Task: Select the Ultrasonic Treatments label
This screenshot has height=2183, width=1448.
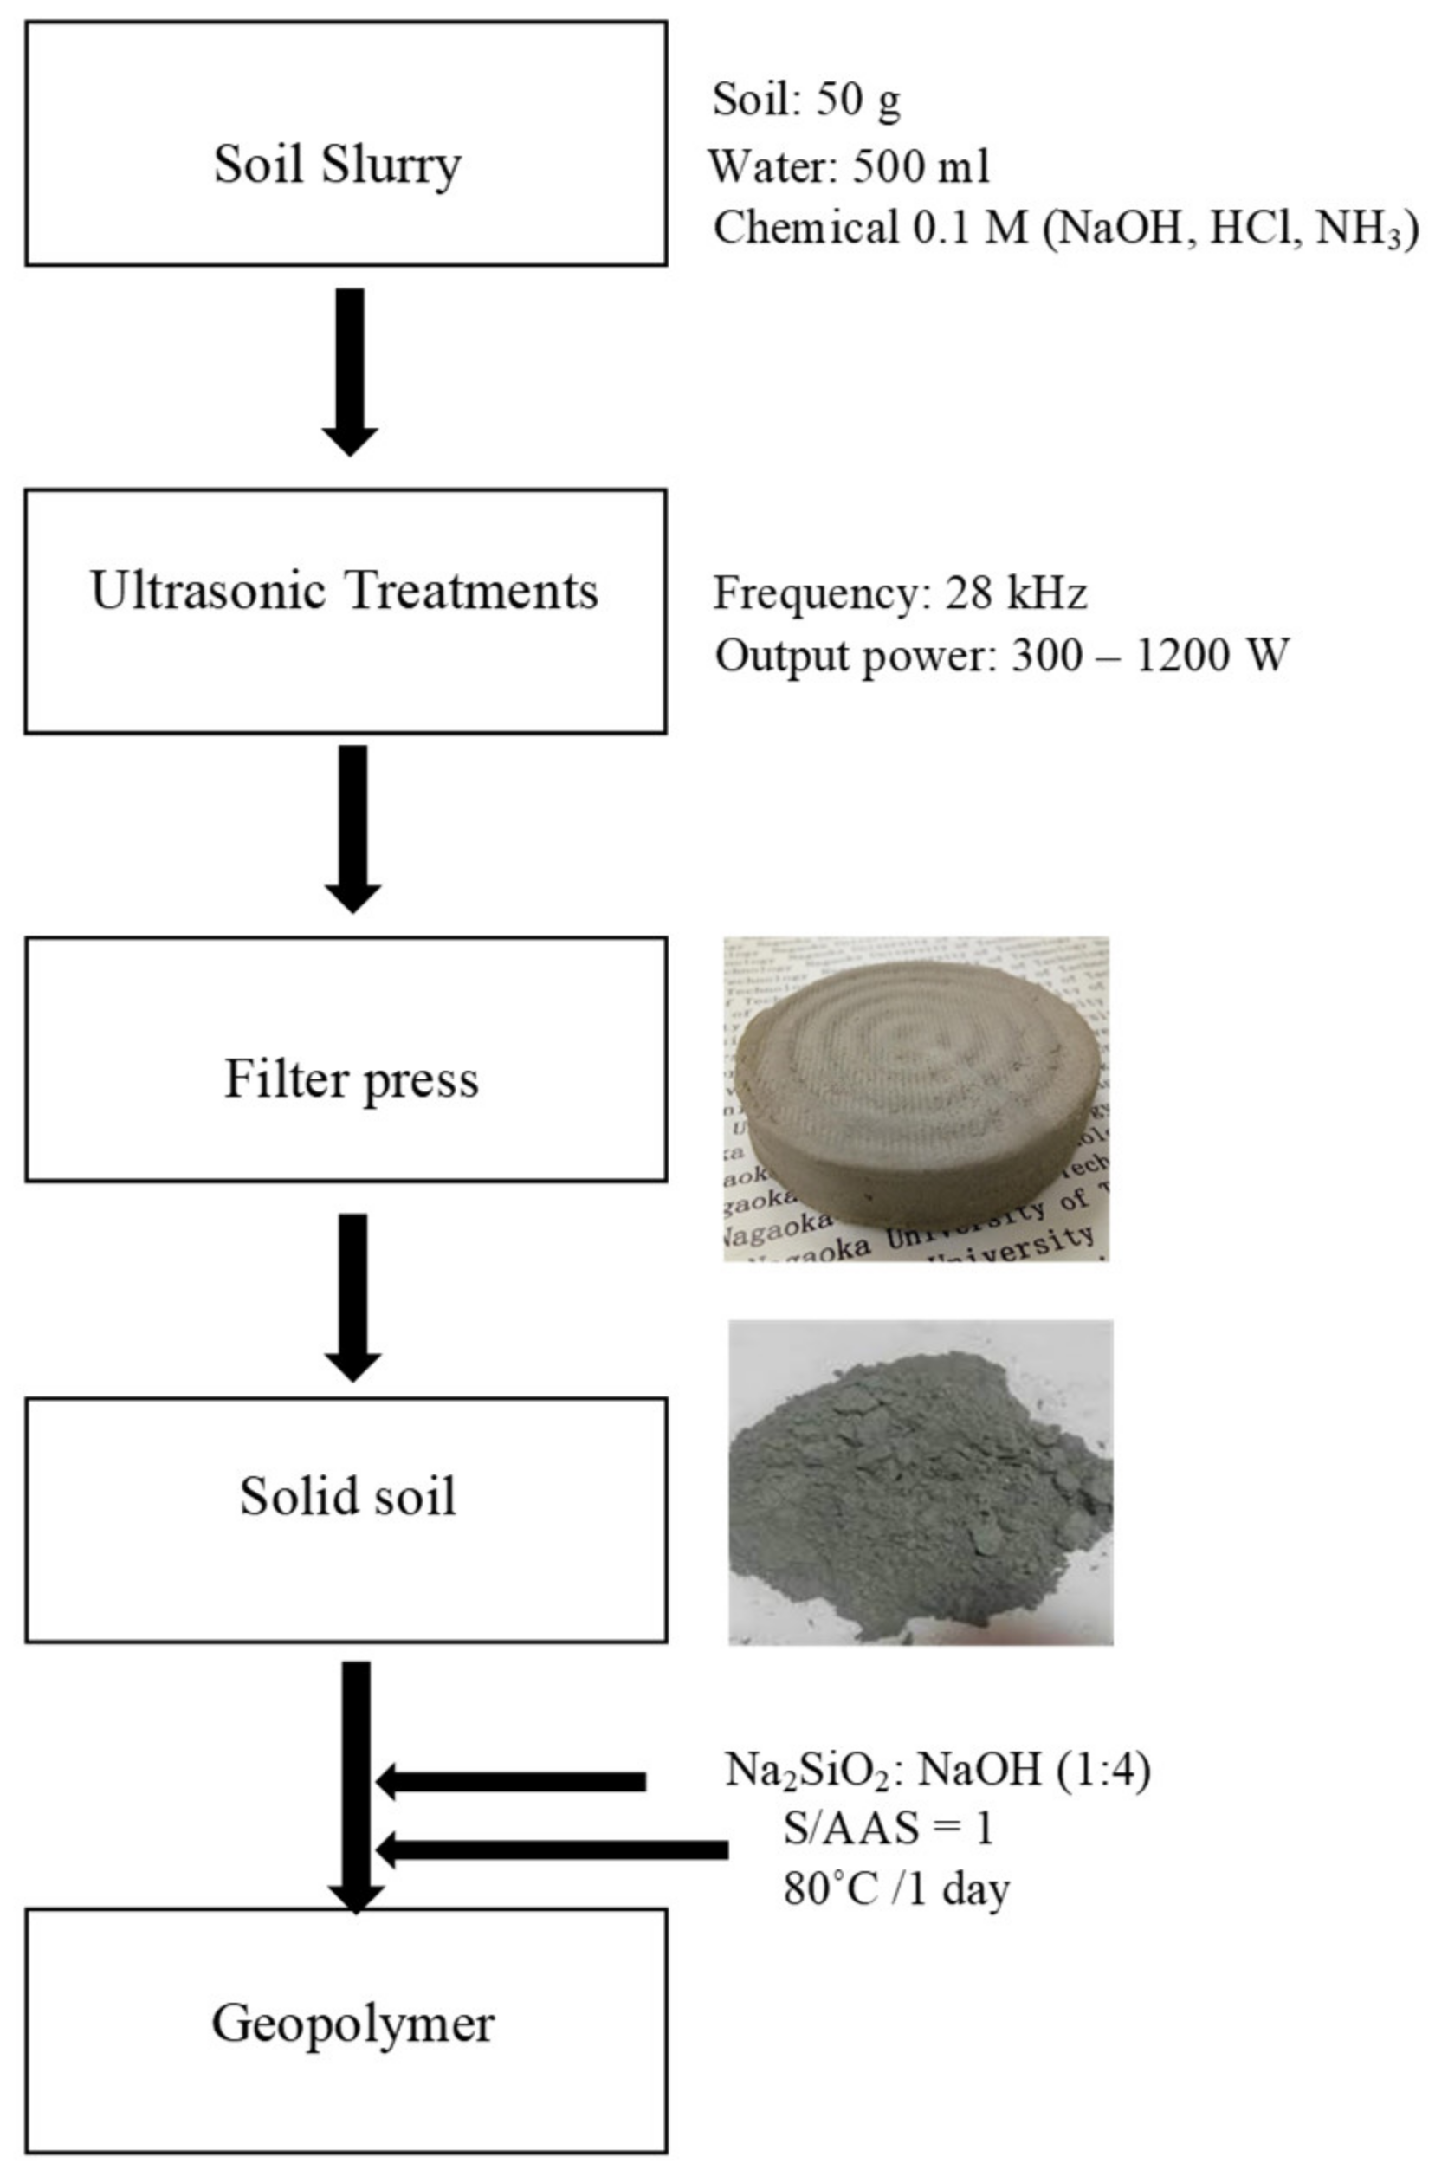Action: click(345, 591)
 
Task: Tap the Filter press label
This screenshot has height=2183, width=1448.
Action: click(352, 1079)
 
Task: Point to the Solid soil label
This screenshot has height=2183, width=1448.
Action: click(348, 1496)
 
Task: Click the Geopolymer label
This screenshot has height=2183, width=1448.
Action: click(352, 2024)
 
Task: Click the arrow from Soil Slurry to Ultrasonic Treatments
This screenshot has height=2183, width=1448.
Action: click(350, 369)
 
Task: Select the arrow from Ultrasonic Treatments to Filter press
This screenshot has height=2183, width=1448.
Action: click(352, 826)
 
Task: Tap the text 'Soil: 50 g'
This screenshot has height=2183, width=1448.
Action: click(806, 100)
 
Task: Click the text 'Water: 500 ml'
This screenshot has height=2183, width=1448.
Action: click(849, 166)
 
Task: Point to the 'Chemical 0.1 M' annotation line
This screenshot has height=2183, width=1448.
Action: click(1064, 228)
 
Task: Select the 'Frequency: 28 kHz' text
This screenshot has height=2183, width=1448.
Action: click(900, 593)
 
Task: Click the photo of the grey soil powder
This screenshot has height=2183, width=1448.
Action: click(920, 1482)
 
